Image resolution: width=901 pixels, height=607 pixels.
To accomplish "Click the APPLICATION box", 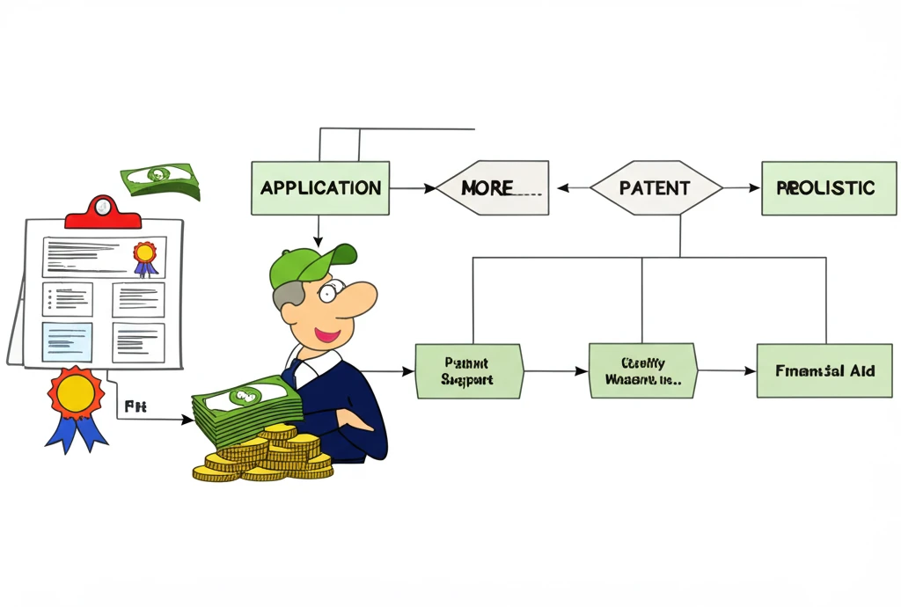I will click(320, 187).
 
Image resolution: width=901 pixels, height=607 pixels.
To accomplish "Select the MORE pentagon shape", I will click(493, 187).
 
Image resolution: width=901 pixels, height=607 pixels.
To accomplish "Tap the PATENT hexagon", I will click(656, 187).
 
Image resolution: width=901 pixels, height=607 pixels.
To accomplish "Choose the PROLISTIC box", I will click(828, 187).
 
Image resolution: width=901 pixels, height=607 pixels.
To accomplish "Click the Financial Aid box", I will click(824, 370).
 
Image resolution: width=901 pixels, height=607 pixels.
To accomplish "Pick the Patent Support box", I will click(468, 370).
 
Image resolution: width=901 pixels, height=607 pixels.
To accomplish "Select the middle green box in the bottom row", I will click(642, 370).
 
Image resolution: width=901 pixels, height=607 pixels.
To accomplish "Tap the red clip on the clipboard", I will click(103, 211).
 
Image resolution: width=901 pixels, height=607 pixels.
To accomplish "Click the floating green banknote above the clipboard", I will click(162, 180).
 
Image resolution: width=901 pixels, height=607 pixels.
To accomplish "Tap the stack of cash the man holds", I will click(247, 406).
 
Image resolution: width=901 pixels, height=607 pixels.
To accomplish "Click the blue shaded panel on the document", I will click(67, 342).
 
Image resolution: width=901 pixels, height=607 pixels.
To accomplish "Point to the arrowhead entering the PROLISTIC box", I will click(754, 187).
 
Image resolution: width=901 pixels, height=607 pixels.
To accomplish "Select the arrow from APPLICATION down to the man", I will click(318, 230).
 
